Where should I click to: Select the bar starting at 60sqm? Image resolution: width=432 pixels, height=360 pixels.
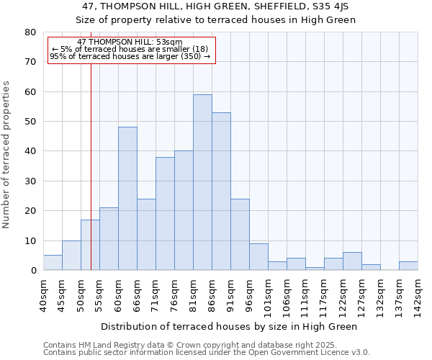[x=127, y=199]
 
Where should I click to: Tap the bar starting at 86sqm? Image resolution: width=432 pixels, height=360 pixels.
[x=221, y=192]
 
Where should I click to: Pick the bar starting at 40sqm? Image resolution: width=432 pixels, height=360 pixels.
[x=53, y=263]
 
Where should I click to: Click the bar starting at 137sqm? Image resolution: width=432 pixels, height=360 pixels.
[x=408, y=266]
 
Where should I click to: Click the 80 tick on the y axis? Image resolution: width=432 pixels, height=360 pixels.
[x=30, y=32]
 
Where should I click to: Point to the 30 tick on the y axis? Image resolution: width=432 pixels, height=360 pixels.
[x=30, y=181]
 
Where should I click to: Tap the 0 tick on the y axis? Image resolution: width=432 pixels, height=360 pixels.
[x=33, y=271]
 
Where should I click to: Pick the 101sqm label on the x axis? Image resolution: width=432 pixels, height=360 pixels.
[x=268, y=295]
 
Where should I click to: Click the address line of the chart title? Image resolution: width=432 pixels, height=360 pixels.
[x=216, y=6]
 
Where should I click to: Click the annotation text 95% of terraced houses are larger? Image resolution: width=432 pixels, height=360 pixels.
[x=130, y=56]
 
